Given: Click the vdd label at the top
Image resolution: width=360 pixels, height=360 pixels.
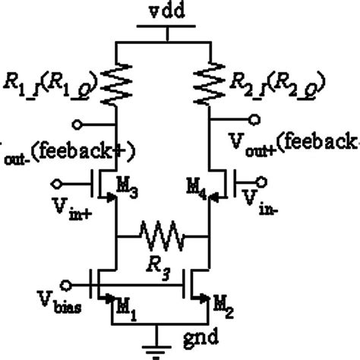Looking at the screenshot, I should coord(161,10).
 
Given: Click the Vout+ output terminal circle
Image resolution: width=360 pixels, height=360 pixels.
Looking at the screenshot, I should coord(255,118).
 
